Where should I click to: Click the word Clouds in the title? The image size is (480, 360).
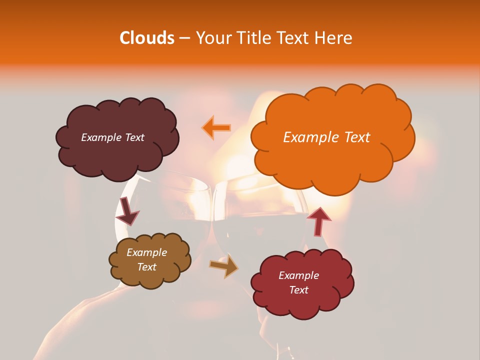click(x=147, y=38)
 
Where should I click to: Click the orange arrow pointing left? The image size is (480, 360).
click(x=216, y=127)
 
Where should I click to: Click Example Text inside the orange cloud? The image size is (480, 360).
click(x=326, y=137)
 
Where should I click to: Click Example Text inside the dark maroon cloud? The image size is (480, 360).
click(x=112, y=137)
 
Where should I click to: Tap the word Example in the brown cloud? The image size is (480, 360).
click(x=146, y=252)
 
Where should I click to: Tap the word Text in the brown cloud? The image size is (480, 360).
click(x=146, y=267)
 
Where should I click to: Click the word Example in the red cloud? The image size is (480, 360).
click(x=298, y=275)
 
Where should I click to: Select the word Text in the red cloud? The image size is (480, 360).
click(x=298, y=290)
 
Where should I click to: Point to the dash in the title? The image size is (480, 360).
click(x=184, y=38)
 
